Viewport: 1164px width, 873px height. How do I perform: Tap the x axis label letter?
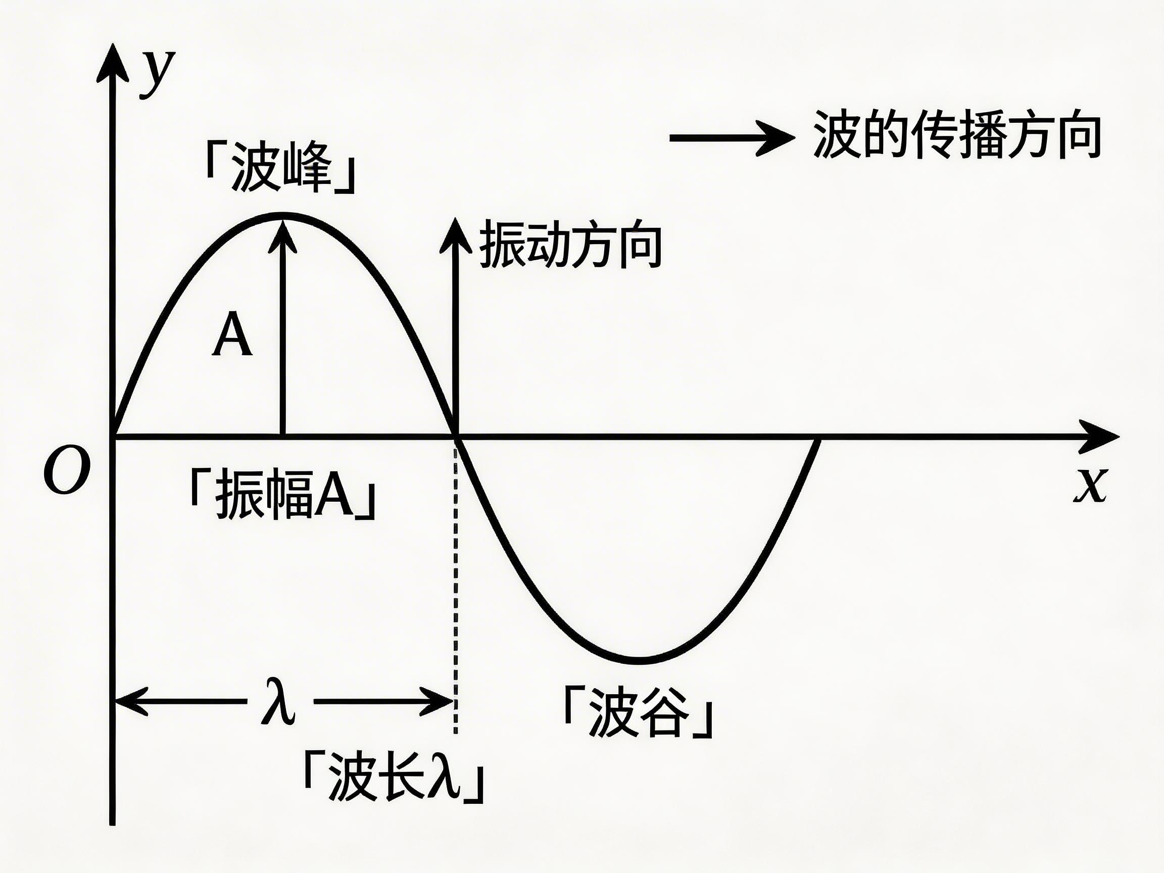coord(1090,484)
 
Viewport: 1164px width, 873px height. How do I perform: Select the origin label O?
coord(66,469)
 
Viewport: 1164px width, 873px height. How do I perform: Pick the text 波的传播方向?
coord(957,135)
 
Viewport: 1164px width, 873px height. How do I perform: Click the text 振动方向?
coord(570,245)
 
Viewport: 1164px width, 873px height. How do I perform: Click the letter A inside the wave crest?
coord(232,335)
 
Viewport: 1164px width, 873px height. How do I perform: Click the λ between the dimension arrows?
coord(279,703)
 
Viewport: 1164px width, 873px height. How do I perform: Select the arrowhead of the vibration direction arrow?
coord(456,236)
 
